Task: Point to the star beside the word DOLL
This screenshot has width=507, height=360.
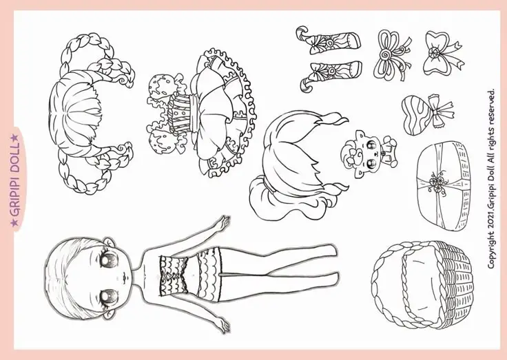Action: (x=14, y=138)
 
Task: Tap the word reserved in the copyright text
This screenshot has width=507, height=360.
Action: (x=491, y=106)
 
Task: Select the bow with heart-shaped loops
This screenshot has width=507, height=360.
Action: (x=442, y=53)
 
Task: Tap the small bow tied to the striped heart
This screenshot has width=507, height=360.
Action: (x=441, y=111)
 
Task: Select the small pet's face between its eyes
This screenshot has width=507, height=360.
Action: (x=373, y=153)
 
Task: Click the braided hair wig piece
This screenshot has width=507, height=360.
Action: (x=91, y=113)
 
